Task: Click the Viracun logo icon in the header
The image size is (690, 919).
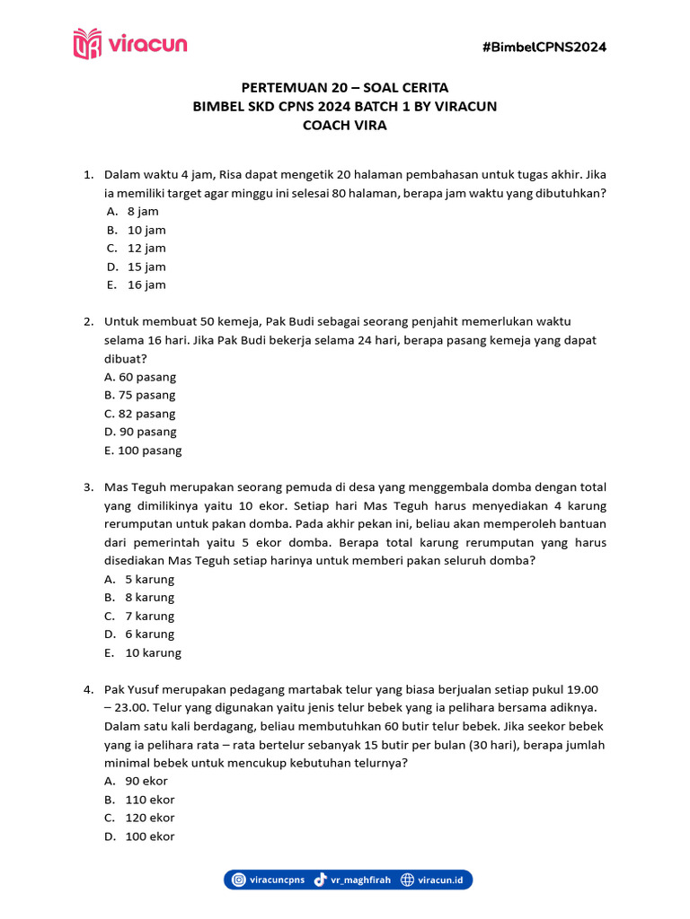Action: [x=87, y=44]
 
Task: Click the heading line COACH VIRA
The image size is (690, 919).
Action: [x=345, y=126]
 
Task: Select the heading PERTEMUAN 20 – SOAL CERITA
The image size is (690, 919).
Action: [x=345, y=88]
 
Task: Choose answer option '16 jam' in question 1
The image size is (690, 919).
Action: [x=146, y=285]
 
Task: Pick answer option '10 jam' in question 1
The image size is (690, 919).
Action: [x=146, y=230]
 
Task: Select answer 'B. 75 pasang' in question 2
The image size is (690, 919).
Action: [x=140, y=395]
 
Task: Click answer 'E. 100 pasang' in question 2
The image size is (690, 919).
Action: [x=143, y=451]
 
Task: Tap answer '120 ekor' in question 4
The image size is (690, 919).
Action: [x=150, y=818]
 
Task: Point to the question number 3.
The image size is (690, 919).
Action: [x=88, y=487]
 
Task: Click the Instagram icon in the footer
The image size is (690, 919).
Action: [x=238, y=880]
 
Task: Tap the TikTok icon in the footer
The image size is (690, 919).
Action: [x=320, y=880]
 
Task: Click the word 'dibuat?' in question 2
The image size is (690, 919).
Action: [x=124, y=358]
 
